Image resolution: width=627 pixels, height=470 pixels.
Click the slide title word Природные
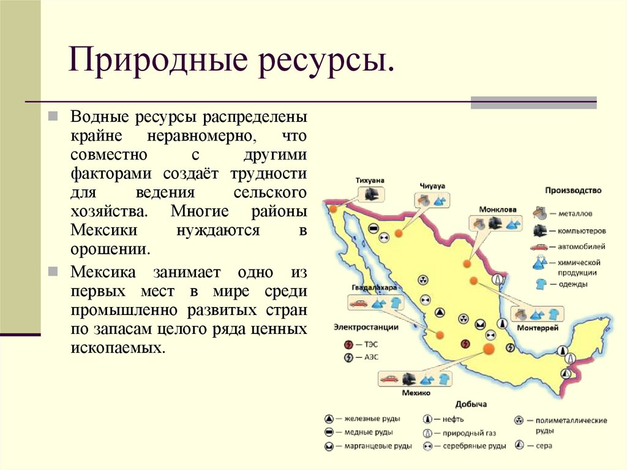coord(154,62)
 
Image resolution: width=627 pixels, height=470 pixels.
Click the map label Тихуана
coord(370,180)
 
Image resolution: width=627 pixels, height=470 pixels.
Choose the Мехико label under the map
coord(416,392)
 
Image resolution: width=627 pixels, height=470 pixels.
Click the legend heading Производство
coord(573,191)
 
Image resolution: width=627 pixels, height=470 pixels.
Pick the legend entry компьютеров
coord(582,231)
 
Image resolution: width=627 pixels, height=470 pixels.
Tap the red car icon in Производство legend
coord(539,247)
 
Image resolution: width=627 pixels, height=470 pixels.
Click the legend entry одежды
coord(573,284)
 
